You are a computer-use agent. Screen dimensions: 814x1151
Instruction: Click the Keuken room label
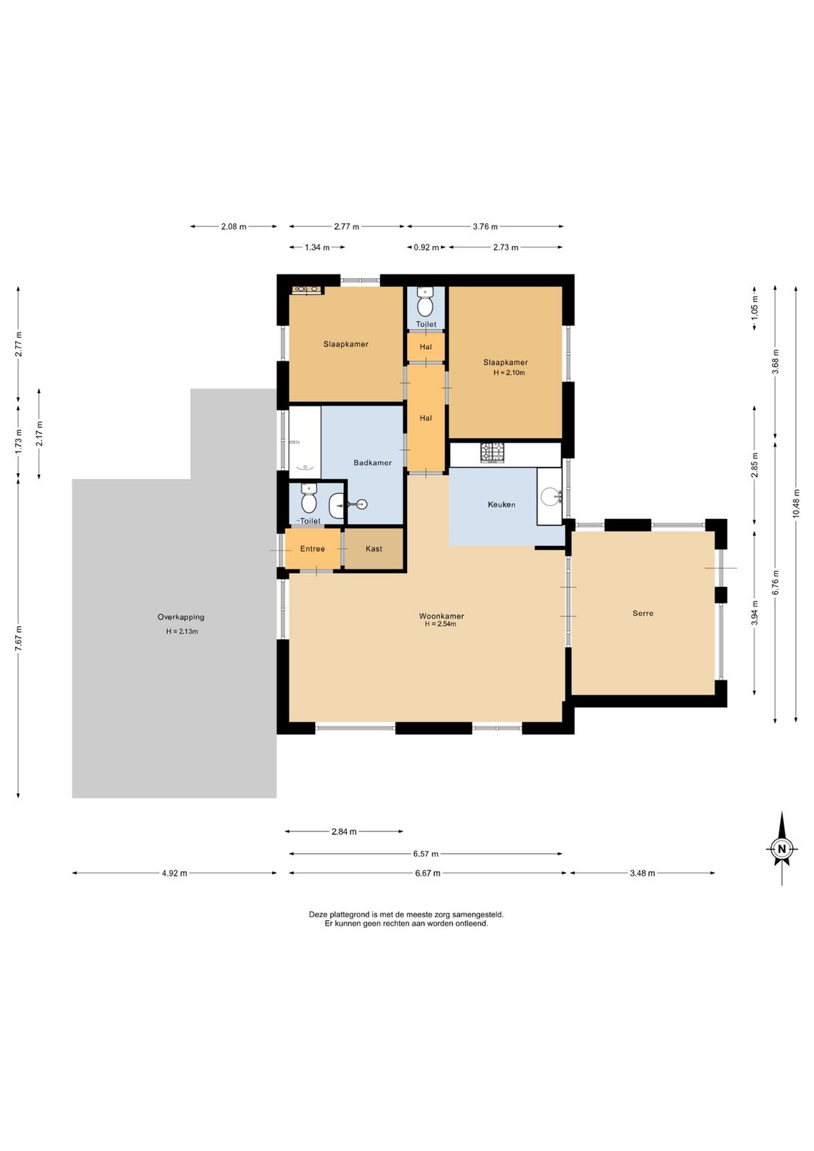coord(501,505)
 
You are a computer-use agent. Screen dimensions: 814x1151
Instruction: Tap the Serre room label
coord(643,613)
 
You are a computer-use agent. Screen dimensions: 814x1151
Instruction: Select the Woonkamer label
coord(441,616)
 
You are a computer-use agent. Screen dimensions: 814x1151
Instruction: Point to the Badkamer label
coord(372,463)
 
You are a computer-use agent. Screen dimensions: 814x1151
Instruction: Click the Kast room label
coord(374,549)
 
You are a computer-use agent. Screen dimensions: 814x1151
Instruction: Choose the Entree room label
coord(312,549)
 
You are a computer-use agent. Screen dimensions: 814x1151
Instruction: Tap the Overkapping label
coord(181,617)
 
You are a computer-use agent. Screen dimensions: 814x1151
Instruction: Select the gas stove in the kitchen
coord(492,453)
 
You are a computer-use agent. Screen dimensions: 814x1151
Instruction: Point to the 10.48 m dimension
coord(795,505)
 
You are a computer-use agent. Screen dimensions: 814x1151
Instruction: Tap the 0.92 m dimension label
coord(427,247)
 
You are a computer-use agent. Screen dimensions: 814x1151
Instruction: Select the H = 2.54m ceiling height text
coord(441,625)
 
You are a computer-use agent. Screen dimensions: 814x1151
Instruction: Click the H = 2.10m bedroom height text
coord(509,373)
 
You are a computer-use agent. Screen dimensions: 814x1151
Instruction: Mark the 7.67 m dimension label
coord(18,639)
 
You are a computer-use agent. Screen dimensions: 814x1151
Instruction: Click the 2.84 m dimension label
coord(344,832)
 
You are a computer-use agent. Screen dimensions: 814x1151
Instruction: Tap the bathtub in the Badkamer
coord(305,443)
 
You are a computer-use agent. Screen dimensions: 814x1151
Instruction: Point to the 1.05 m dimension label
coord(754,307)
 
